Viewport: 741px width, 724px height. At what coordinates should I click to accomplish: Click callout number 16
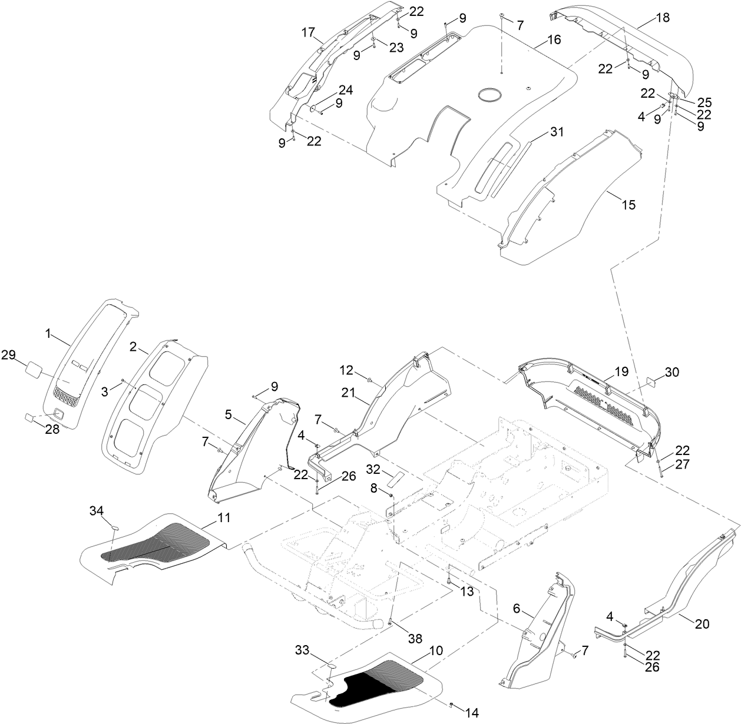(x=554, y=40)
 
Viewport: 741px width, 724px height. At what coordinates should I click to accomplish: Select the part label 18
(x=662, y=18)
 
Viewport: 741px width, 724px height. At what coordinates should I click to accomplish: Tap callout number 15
(x=628, y=204)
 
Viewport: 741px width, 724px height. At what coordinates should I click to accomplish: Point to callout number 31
(x=556, y=132)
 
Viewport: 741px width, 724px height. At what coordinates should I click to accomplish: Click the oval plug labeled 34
(x=114, y=528)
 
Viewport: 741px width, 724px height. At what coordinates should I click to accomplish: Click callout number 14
(x=471, y=711)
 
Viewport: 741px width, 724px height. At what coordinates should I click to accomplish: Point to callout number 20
(x=702, y=625)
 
